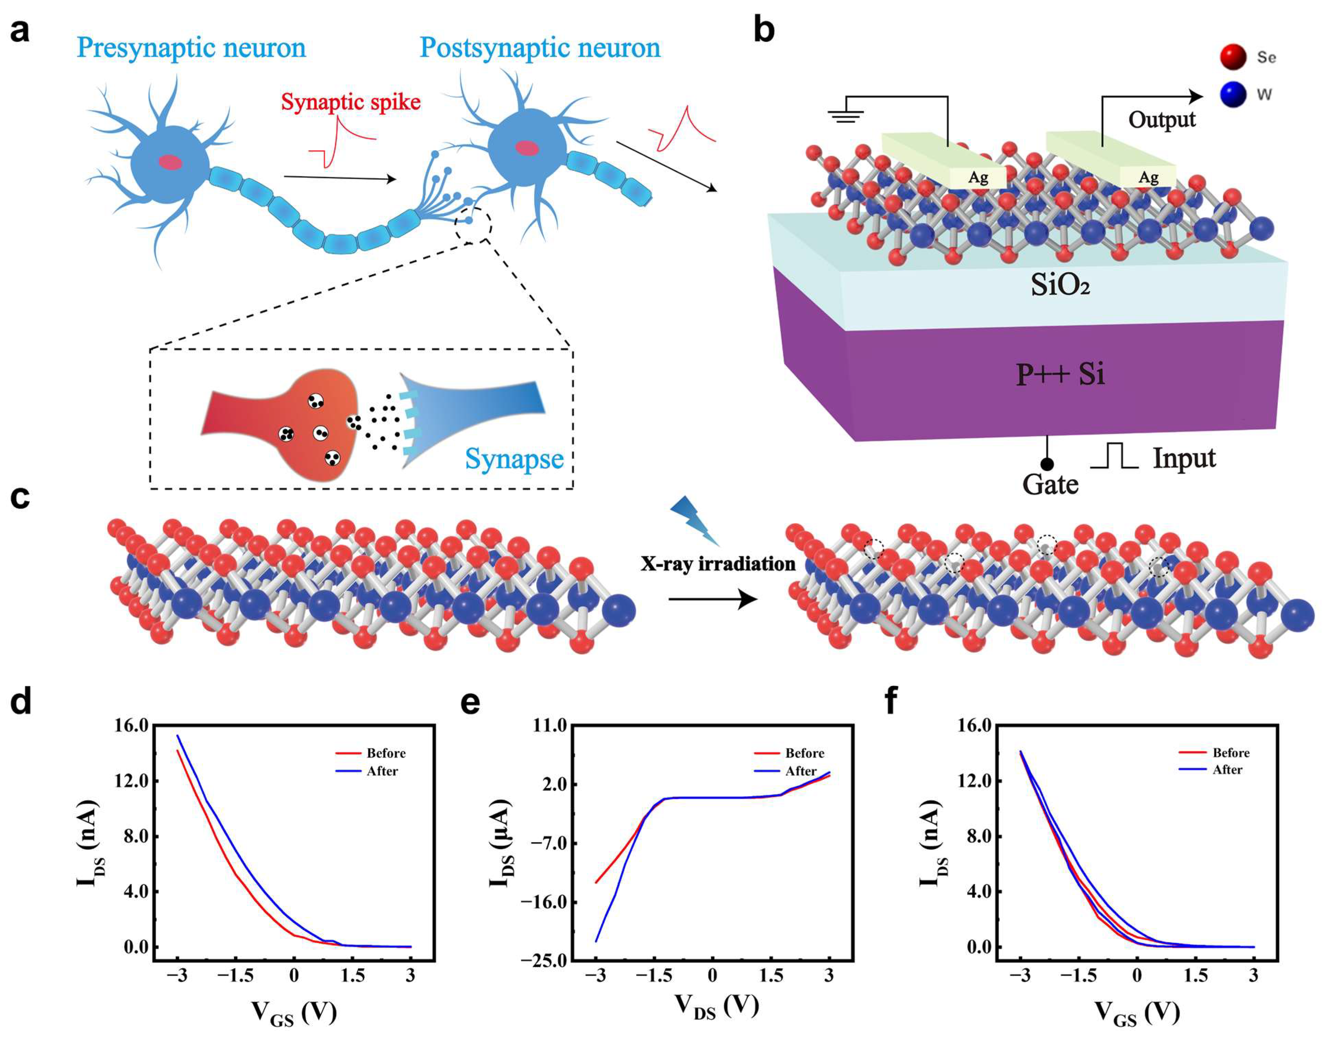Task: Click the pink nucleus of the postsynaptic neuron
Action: coord(527,147)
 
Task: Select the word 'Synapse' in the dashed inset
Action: coord(514,458)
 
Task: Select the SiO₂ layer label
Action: coord(1060,285)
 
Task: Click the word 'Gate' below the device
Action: coord(1050,485)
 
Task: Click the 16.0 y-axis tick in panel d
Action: coord(132,725)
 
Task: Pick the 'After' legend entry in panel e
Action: coord(800,771)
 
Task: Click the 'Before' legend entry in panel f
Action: coord(1230,753)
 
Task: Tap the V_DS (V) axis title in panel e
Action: coord(716,1005)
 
